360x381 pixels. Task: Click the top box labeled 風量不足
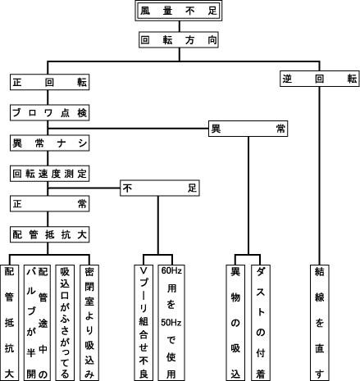click(179, 11)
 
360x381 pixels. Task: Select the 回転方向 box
click(179, 40)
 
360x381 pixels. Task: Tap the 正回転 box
click(50, 82)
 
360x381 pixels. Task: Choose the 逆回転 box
click(320, 79)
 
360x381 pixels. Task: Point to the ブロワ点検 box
click(50, 112)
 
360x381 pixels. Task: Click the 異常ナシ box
click(50, 143)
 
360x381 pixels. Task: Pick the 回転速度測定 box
click(50, 174)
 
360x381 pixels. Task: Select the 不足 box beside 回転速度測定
click(160, 188)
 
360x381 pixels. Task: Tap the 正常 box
click(50, 204)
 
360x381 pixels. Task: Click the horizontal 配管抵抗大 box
click(50, 234)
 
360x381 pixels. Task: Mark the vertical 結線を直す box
click(320, 323)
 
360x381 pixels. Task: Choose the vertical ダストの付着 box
click(261, 323)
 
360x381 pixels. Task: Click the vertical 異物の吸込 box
click(235, 323)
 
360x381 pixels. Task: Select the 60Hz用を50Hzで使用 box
click(171, 323)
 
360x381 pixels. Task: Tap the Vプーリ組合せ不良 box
click(144, 323)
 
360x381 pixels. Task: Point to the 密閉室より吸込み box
click(89, 323)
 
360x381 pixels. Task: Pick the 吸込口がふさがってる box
click(65, 323)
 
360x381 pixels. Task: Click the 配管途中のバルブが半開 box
click(37, 323)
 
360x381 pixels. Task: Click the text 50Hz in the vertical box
click(171, 323)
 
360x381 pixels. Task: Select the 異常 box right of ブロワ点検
click(248, 129)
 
